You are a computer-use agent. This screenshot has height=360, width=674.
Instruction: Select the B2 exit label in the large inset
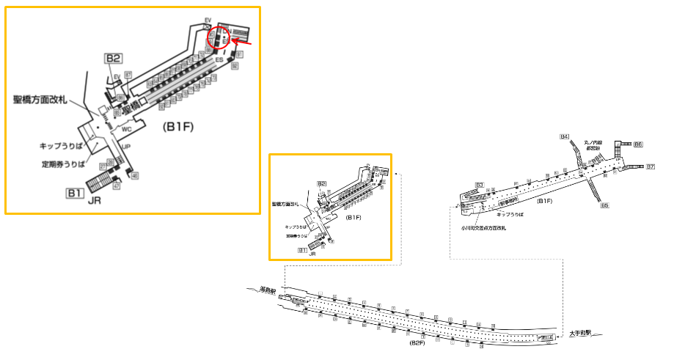[113, 59]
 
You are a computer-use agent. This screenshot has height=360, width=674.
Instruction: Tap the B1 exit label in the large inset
[73, 194]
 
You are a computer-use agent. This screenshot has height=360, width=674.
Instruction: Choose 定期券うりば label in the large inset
[65, 164]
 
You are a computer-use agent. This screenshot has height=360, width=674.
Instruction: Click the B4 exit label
[564, 137]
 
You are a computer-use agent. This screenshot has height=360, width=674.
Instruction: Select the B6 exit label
[638, 144]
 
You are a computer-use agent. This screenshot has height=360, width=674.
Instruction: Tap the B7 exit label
[650, 167]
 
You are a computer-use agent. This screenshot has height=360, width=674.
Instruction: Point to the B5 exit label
[604, 205]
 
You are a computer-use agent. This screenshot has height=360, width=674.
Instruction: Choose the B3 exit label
[479, 184]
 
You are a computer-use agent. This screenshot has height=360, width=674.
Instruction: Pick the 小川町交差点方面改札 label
[483, 228]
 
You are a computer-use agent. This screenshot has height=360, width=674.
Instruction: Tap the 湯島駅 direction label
[267, 292]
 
